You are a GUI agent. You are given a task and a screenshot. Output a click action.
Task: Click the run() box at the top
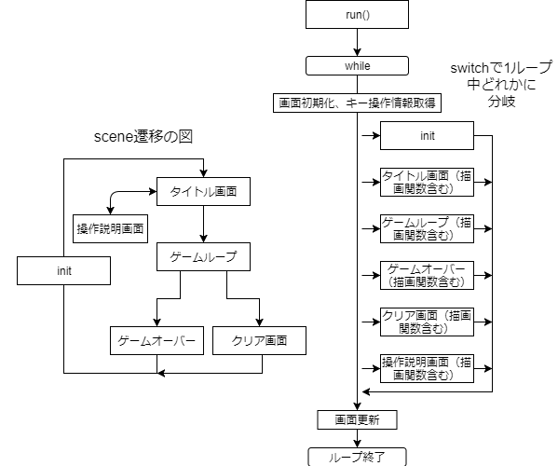(358, 15)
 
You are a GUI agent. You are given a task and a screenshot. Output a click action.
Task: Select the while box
(358, 66)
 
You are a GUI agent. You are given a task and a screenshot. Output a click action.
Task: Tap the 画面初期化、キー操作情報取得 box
(358, 103)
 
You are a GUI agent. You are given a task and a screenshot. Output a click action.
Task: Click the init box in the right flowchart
(428, 136)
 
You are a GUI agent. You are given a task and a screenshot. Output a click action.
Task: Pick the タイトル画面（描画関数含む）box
(428, 181)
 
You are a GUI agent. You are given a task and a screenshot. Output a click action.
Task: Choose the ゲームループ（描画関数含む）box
(428, 228)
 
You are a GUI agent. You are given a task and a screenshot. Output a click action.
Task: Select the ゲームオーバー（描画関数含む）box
(428, 275)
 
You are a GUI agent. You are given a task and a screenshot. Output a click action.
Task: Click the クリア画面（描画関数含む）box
(428, 322)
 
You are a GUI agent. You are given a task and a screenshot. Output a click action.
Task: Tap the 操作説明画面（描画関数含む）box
(428, 368)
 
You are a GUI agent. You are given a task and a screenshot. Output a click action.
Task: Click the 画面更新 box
(358, 419)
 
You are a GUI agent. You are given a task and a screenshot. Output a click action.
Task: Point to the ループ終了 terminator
(358, 456)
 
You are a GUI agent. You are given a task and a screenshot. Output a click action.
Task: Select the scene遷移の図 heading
(149, 136)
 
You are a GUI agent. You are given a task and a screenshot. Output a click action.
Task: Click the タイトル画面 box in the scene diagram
(203, 192)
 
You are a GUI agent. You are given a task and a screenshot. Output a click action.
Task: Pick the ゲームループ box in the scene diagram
(203, 256)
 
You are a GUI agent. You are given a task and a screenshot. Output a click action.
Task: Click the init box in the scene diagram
(63, 271)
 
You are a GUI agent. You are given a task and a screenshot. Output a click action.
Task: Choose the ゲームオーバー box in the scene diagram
(156, 340)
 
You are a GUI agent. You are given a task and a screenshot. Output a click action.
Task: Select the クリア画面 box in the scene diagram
(259, 340)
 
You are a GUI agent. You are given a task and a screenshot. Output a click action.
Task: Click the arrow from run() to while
(358, 43)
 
